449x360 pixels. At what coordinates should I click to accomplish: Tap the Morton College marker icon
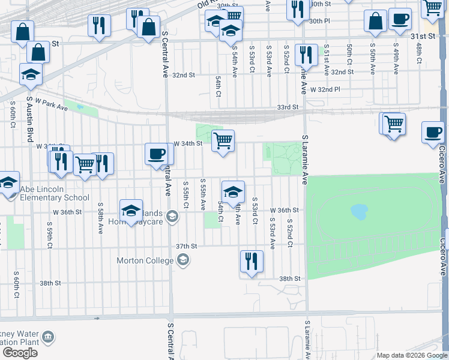[184, 260]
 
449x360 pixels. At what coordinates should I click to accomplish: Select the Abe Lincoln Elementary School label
[55, 193]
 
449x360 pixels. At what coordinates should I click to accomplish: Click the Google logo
[20, 353]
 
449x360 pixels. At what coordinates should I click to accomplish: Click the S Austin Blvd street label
[28, 119]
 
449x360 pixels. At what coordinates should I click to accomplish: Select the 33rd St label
[288, 107]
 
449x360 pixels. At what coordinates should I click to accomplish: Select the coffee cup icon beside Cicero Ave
[432, 133]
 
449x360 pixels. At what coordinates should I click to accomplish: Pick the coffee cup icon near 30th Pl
[399, 19]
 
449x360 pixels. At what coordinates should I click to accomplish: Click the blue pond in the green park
[359, 211]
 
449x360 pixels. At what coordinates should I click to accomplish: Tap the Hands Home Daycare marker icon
[173, 216]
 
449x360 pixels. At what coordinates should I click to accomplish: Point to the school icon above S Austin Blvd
[30, 74]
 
